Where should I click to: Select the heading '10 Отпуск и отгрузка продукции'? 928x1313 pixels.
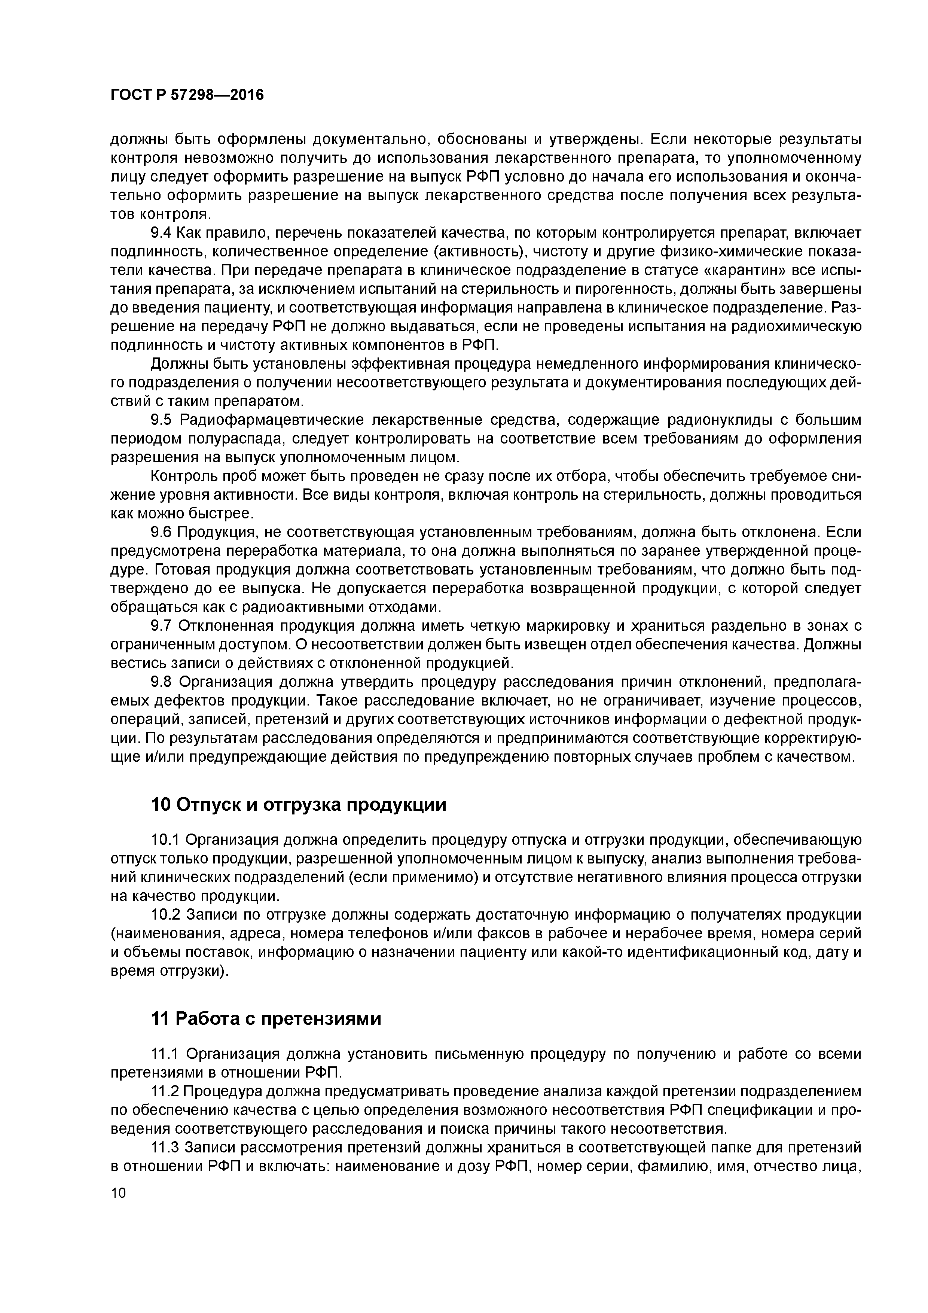(x=298, y=805)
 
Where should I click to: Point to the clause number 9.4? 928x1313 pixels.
(x=161, y=233)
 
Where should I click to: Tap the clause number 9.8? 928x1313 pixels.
(x=161, y=682)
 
